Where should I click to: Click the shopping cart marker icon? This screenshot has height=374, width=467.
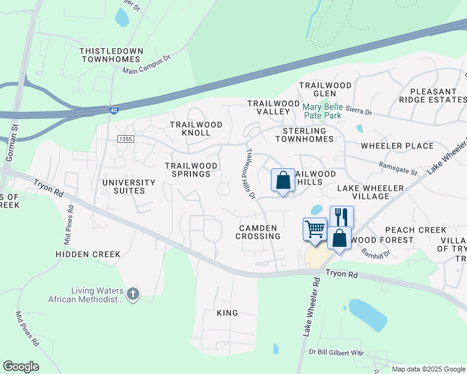[315, 229]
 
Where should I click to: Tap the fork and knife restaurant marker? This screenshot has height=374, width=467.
[342, 217]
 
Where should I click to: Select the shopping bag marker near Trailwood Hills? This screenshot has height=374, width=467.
[283, 180]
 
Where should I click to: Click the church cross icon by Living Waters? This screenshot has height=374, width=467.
[132, 294]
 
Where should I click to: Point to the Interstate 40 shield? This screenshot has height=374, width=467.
[114, 110]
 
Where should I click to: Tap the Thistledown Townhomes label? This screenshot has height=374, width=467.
[112, 55]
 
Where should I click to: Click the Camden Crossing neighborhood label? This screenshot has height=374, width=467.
[258, 232]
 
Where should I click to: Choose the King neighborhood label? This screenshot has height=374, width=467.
[227, 312]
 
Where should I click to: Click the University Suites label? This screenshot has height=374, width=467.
[129, 186]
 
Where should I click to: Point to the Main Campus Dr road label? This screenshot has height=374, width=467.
[146, 66]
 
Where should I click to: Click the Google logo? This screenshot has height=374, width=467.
[21, 367]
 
